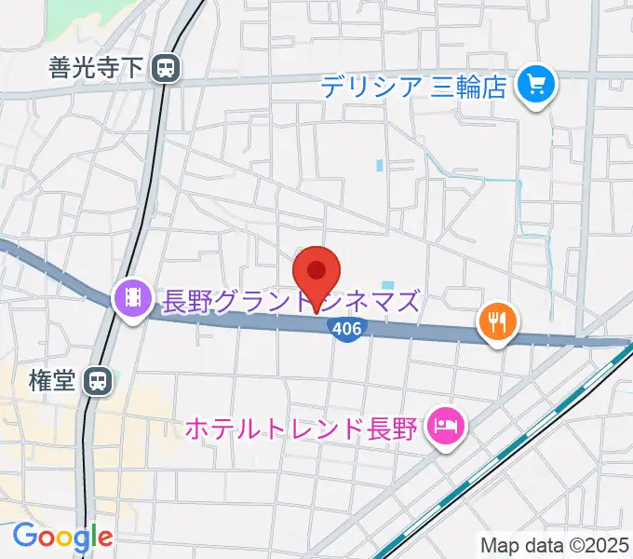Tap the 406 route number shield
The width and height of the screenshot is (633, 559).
pyautogui.click(x=347, y=329)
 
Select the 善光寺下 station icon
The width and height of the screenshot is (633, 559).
pyautogui.click(x=168, y=67)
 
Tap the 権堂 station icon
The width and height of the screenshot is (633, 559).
pyautogui.click(x=97, y=380)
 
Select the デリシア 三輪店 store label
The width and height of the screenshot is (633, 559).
pyautogui.click(x=413, y=88)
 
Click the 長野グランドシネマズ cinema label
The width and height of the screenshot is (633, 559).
pyautogui.click(x=291, y=300)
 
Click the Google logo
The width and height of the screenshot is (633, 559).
pyautogui.click(x=62, y=538)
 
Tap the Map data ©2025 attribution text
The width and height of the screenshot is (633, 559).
pyautogui.click(x=556, y=545)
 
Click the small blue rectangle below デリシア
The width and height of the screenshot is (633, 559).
pyautogui.click(x=380, y=166)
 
